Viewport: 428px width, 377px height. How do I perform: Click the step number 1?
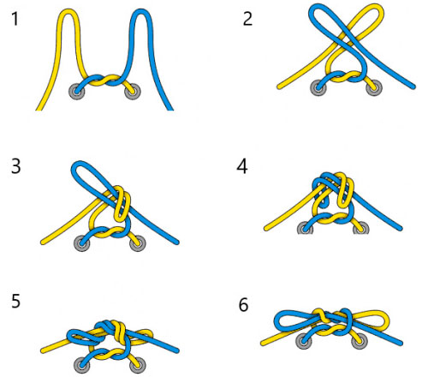(x=15, y=20)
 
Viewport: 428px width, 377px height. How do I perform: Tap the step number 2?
(x=247, y=19)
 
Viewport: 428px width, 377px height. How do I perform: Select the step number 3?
(x=16, y=166)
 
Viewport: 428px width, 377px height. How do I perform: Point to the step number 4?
(x=242, y=166)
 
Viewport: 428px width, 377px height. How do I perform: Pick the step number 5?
(x=16, y=301)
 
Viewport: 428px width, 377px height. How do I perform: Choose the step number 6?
(x=243, y=305)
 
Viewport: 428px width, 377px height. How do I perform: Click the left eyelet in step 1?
(x=77, y=92)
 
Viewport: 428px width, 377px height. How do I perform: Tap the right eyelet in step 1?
(x=133, y=92)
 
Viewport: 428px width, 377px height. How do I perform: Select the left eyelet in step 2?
(x=318, y=87)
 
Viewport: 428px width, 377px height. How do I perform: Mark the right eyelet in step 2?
(x=374, y=87)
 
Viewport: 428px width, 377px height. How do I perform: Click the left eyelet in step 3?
(x=82, y=243)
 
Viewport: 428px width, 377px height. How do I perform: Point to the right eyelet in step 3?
(x=138, y=243)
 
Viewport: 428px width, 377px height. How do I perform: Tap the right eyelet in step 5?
(x=138, y=365)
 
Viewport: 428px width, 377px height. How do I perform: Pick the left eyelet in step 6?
(x=304, y=341)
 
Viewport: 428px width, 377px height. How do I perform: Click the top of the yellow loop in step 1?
(x=68, y=11)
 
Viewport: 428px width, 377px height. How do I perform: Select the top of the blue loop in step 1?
(x=141, y=11)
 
